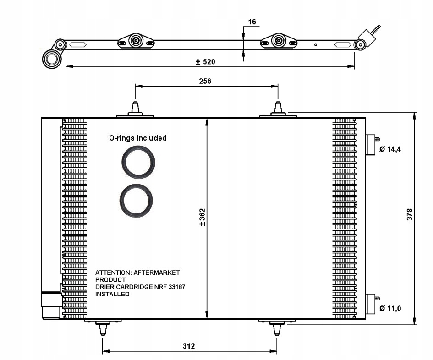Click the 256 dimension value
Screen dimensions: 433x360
point(205,81)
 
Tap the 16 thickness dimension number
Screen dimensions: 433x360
point(252,22)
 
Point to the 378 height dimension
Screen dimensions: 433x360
point(410,214)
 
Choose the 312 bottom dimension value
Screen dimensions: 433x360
point(188,346)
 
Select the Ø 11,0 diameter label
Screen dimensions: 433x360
point(390,308)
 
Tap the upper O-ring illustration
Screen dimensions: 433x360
point(138,162)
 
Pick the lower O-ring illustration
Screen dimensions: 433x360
point(136,201)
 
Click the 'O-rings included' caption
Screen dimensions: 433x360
point(137,138)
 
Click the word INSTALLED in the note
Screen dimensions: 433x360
point(112,294)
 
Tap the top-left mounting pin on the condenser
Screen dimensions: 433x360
point(135,109)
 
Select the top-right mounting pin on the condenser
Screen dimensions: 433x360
point(278,109)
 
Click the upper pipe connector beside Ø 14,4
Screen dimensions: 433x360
point(372,144)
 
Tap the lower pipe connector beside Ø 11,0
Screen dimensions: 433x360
point(372,304)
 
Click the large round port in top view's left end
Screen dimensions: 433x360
point(52,59)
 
